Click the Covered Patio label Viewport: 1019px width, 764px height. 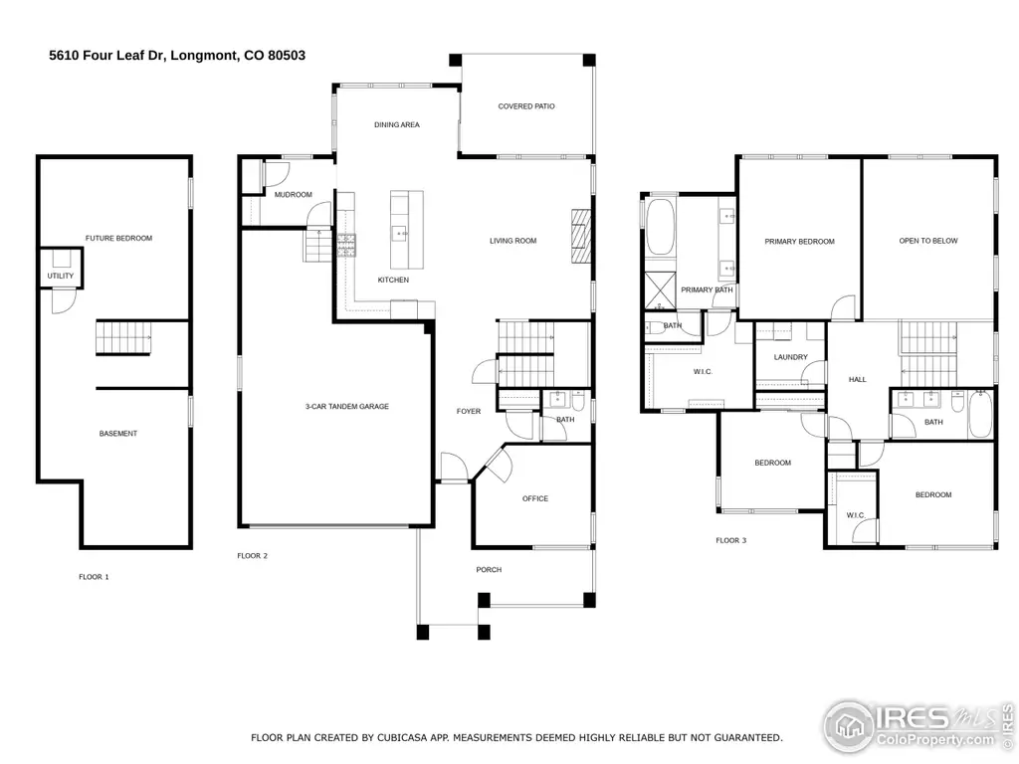pos(526,105)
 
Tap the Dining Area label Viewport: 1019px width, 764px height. pos(397,124)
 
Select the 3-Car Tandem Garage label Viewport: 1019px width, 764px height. pos(347,407)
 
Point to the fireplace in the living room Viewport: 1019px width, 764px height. pos(581,236)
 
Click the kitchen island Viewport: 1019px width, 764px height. pos(407,230)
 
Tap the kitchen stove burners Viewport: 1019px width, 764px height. pos(345,246)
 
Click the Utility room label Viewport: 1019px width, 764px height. pos(61,277)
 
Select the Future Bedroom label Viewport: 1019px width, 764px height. pos(119,239)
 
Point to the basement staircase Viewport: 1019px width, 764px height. pos(123,338)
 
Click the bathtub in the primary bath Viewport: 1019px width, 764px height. pos(661,227)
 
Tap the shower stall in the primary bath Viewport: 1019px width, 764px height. pos(660,291)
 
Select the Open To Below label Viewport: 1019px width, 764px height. pos(928,241)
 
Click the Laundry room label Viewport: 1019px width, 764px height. pos(791,357)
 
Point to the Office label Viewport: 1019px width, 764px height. pos(535,499)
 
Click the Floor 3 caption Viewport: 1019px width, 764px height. pos(731,540)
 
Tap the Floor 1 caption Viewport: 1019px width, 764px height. pos(95,577)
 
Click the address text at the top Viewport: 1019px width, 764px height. pos(177,56)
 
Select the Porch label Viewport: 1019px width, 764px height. pos(489,570)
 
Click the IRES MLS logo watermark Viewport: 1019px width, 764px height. pos(917,725)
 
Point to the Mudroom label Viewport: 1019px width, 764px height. pos(294,195)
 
